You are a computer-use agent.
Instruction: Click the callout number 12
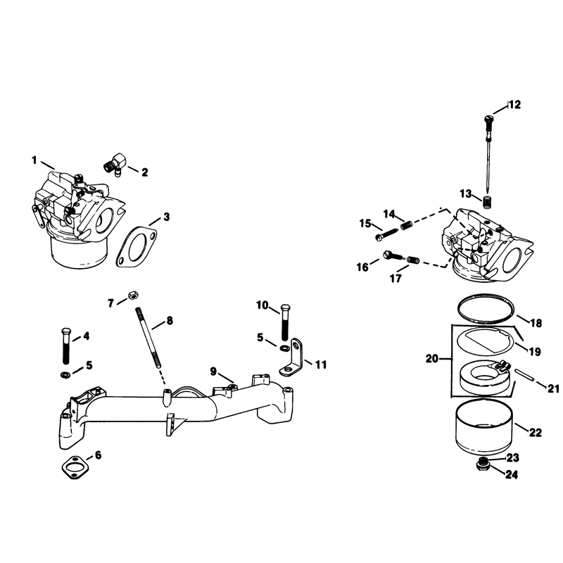tap(514, 104)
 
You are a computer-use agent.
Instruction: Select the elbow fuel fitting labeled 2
tap(115, 165)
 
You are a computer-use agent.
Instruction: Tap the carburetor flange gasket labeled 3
tap(137, 247)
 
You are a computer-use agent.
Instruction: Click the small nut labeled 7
tap(132, 295)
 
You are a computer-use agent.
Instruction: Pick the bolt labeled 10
tap(285, 322)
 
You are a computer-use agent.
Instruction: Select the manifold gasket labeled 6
tap(75, 468)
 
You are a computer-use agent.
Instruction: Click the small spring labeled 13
tap(486, 202)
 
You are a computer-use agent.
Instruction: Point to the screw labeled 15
tap(386, 235)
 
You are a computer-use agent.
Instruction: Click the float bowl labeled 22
tap(483, 427)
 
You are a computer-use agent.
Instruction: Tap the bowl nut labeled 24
tap(482, 465)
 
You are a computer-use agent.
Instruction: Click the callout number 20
tap(432, 358)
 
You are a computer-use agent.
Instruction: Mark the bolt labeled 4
tap(66, 346)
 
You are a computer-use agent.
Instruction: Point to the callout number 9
tap(213, 372)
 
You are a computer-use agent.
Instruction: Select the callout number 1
tap(34, 160)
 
